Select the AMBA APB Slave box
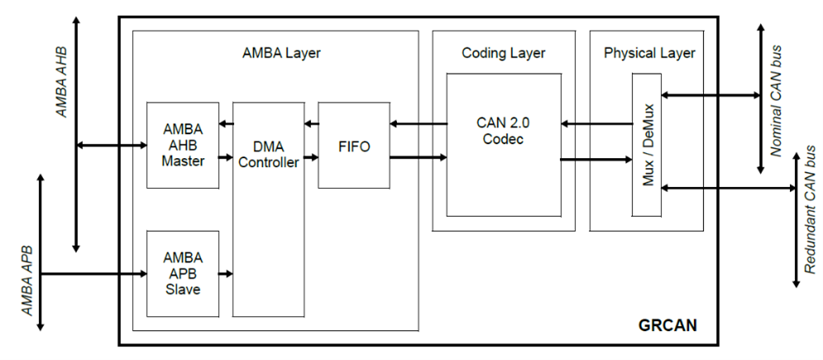pyautogui.click(x=183, y=273)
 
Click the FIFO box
pyautogui.click(x=354, y=146)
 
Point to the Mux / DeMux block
pyautogui.click(x=647, y=151)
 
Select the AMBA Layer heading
pyautogui.click(x=281, y=53)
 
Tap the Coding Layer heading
pyautogui.click(x=503, y=53)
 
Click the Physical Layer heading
pyautogui.click(x=648, y=53)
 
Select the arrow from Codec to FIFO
pyautogui.click(x=418, y=124)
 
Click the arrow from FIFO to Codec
pyautogui.click(x=418, y=156)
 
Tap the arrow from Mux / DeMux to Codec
pyautogui.click(x=596, y=124)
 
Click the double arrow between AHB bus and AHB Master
pyautogui.click(x=111, y=147)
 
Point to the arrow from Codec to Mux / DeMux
pyautogui.click(x=596, y=159)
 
